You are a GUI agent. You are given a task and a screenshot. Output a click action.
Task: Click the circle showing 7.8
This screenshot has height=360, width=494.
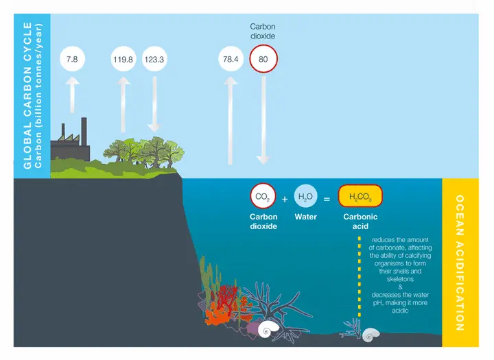coord(72,59)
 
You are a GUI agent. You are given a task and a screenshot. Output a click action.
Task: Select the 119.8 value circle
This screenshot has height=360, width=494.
coord(123,59)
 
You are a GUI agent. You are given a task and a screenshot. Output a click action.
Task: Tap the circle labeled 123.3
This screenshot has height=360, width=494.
coord(154,59)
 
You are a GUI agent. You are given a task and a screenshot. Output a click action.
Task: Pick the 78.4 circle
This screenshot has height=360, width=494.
coord(231,59)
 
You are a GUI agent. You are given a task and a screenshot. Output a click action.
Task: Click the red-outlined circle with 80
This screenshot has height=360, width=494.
coord(263,59)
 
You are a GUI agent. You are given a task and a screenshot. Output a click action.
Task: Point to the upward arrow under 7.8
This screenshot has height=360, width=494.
coord(72,95)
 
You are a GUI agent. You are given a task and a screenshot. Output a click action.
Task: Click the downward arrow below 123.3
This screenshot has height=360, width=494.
coord(154,104)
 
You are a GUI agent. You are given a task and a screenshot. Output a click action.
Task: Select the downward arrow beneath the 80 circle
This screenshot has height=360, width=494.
coord(263,121)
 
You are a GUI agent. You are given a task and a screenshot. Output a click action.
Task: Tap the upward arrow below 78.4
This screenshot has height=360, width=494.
coord(231,121)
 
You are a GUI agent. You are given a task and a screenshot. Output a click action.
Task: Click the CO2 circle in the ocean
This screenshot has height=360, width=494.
coord(263,196)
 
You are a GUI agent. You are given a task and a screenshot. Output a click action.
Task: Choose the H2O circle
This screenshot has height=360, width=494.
coord(305,196)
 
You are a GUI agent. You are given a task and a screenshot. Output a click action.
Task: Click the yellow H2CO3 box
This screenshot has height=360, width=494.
coord(360,196)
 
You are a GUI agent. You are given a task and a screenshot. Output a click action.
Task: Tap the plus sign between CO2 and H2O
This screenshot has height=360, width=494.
coord(285,199)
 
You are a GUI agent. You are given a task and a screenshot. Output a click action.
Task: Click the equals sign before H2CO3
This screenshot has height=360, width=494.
coord(327,200)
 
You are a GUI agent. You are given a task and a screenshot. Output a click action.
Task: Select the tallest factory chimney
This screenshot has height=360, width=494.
coord(84,132)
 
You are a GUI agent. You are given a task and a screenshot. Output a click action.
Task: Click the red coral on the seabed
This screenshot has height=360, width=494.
coord(226,299)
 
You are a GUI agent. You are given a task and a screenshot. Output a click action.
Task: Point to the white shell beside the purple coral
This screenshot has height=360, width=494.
coord(268,329)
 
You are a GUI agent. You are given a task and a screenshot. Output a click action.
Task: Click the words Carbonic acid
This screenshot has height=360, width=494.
coord(360,221)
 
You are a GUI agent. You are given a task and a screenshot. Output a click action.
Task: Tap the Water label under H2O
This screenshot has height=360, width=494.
coord(305,217)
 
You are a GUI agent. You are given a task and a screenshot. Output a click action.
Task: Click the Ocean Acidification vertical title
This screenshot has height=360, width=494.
coord(460,263)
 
